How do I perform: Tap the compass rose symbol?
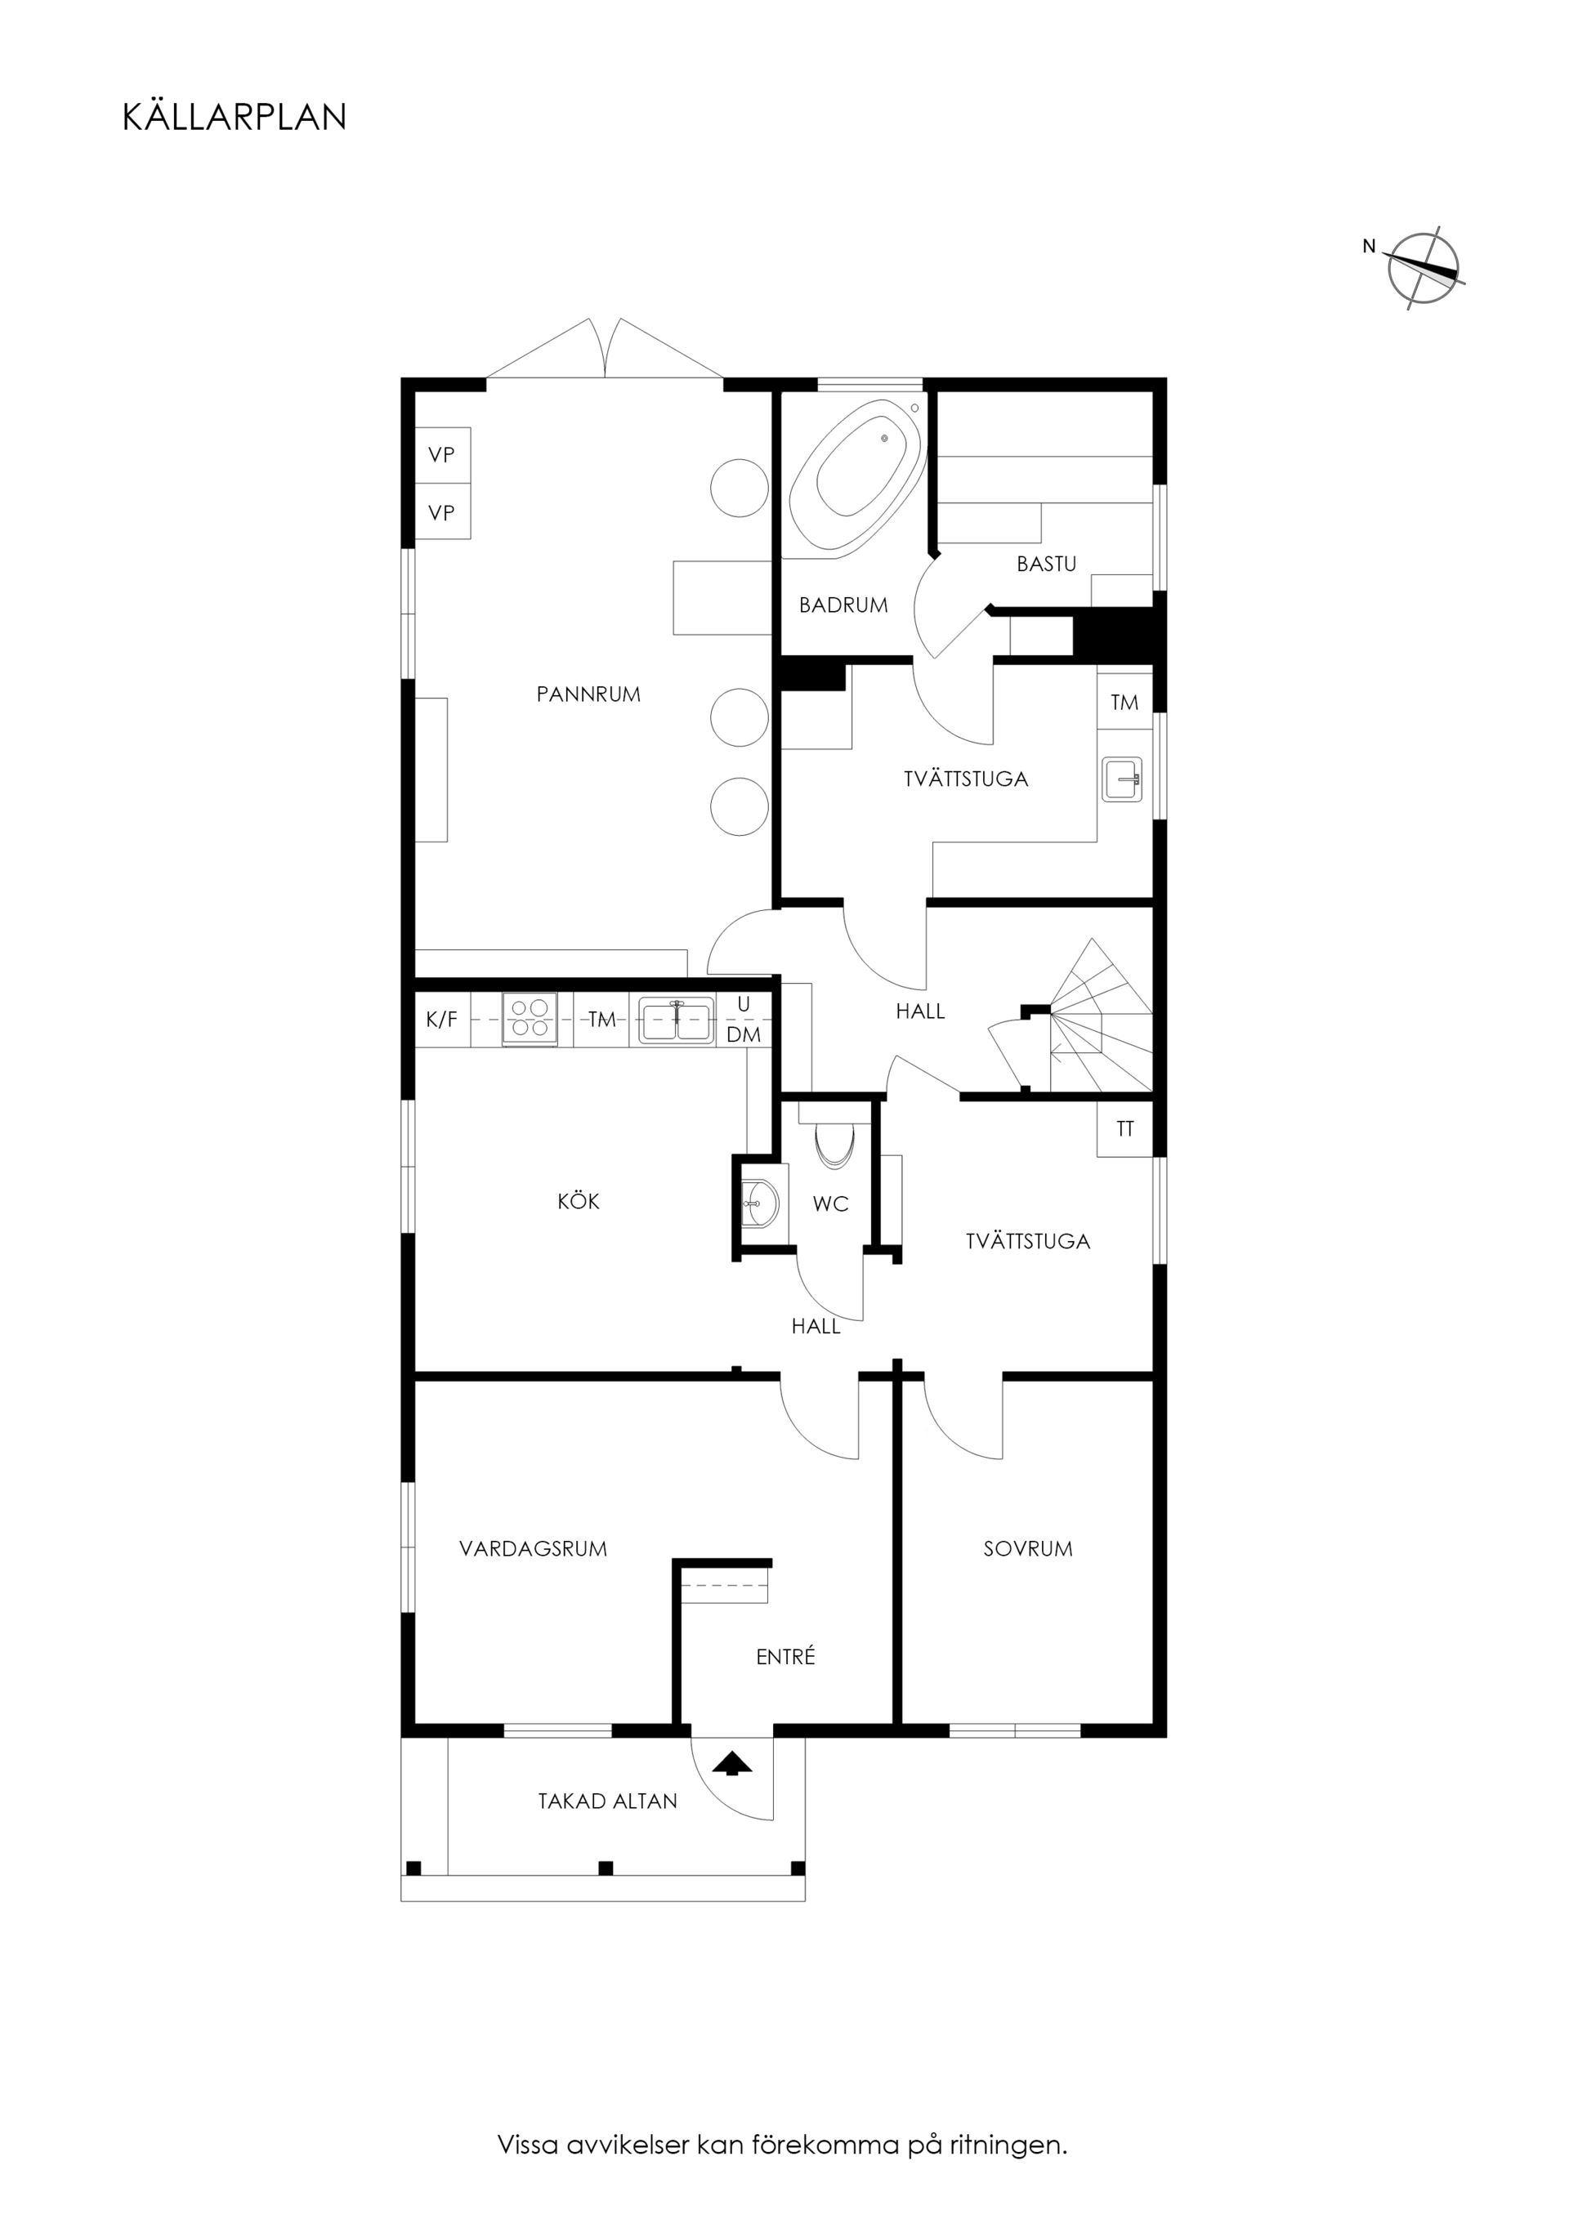click(1422, 268)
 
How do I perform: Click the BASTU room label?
click(1046, 564)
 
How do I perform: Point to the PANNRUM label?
click(588, 694)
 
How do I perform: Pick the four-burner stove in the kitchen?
click(530, 1019)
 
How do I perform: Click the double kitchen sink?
click(676, 1020)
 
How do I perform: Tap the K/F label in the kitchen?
click(442, 1019)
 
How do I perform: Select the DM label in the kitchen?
click(744, 1034)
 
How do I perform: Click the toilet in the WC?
click(836, 1141)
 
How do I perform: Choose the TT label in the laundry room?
click(1124, 1127)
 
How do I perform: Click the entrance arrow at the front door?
click(732, 1764)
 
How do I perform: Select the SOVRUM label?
click(1028, 1548)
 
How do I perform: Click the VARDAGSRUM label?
click(533, 1548)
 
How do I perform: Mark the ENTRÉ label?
click(785, 1657)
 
